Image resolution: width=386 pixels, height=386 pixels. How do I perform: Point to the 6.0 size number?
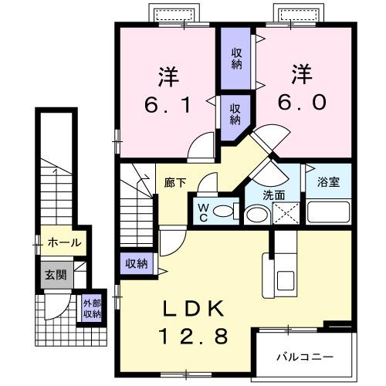click(x=303, y=103)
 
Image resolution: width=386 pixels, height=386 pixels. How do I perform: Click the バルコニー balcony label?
click(x=306, y=358)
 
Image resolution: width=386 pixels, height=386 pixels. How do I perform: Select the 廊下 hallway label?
click(x=173, y=184)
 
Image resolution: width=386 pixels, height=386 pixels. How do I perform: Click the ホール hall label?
click(x=64, y=242)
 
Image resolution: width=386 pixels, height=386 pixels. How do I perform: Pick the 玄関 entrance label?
click(x=55, y=274)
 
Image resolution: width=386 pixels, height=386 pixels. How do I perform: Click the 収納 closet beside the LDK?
click(x=137, y=264)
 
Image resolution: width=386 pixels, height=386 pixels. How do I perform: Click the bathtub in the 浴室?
click(x=329, y=212)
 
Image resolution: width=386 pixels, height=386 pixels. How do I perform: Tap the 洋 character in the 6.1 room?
click(x=169, y=77)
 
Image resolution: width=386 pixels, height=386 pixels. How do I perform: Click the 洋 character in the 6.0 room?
click(x=303, y=76)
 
